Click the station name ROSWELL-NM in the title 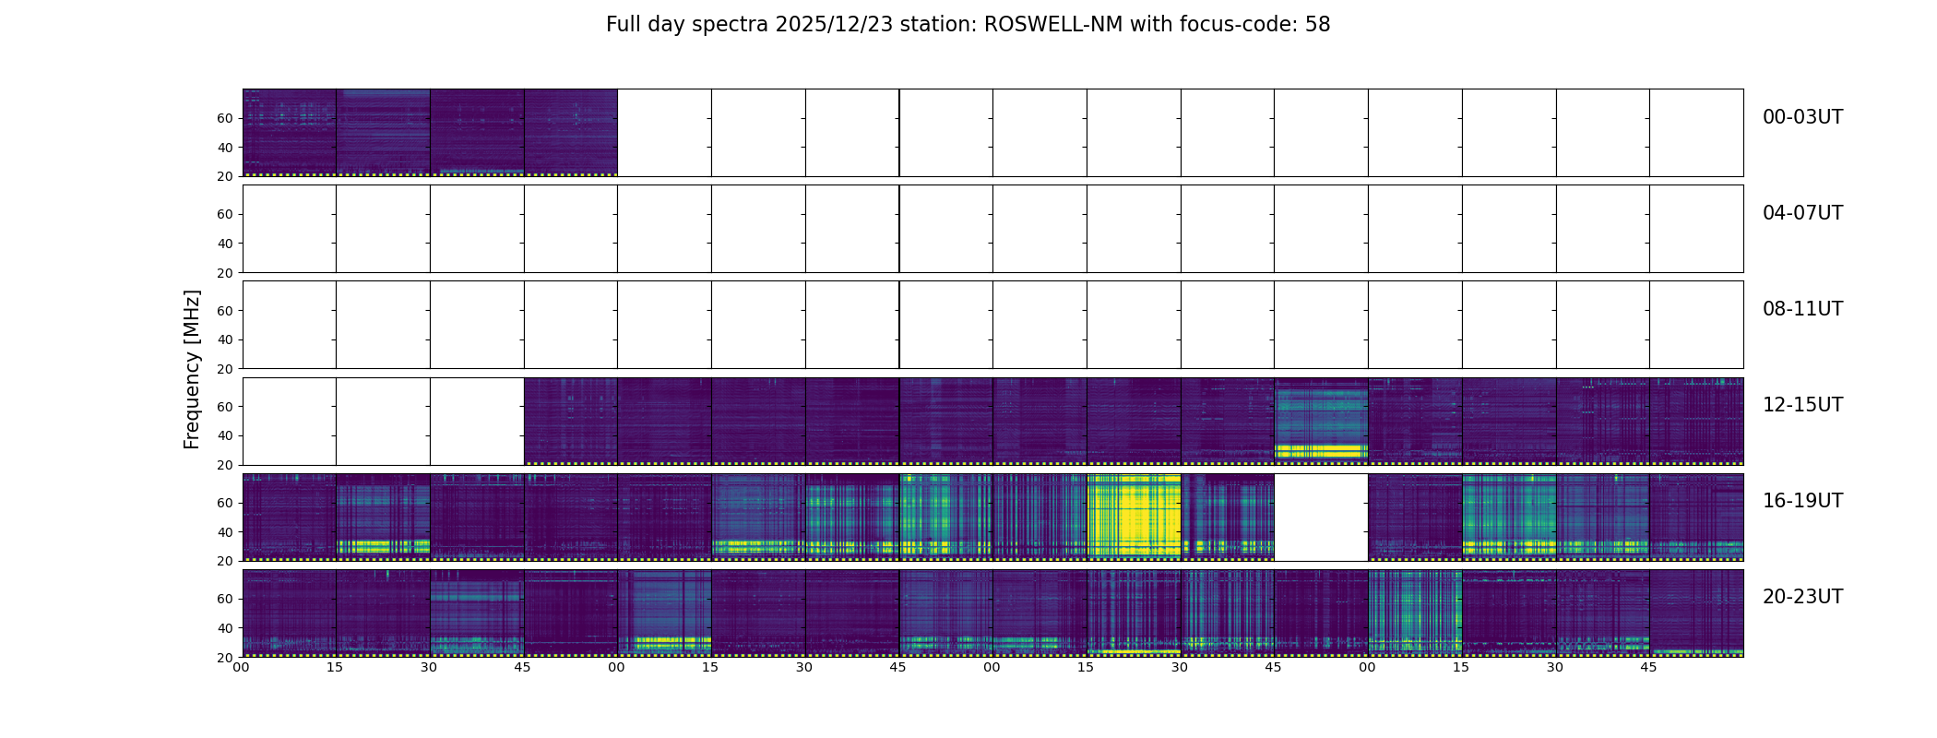coord(1053,25)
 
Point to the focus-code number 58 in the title coord(1317,25)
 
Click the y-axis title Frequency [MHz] coord(192,369)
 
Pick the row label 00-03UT coord(1802,117)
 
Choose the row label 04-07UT coord(1802,213)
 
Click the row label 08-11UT coord(1802,309)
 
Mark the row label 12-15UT coord(1802,405)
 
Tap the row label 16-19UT coord(1802,501)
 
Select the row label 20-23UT coord(1802,597)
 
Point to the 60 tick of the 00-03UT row coord(225,118)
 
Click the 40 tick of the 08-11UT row coord(225,339)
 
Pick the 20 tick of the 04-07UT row coord(225,273)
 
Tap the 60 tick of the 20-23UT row coord(225,599)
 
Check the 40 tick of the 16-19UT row coord(225,532)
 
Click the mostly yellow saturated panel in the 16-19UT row coord(1134,517)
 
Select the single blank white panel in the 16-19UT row coord(1321,517)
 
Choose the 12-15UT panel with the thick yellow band coord(1321,421)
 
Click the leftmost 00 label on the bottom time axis coord(241,667)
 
